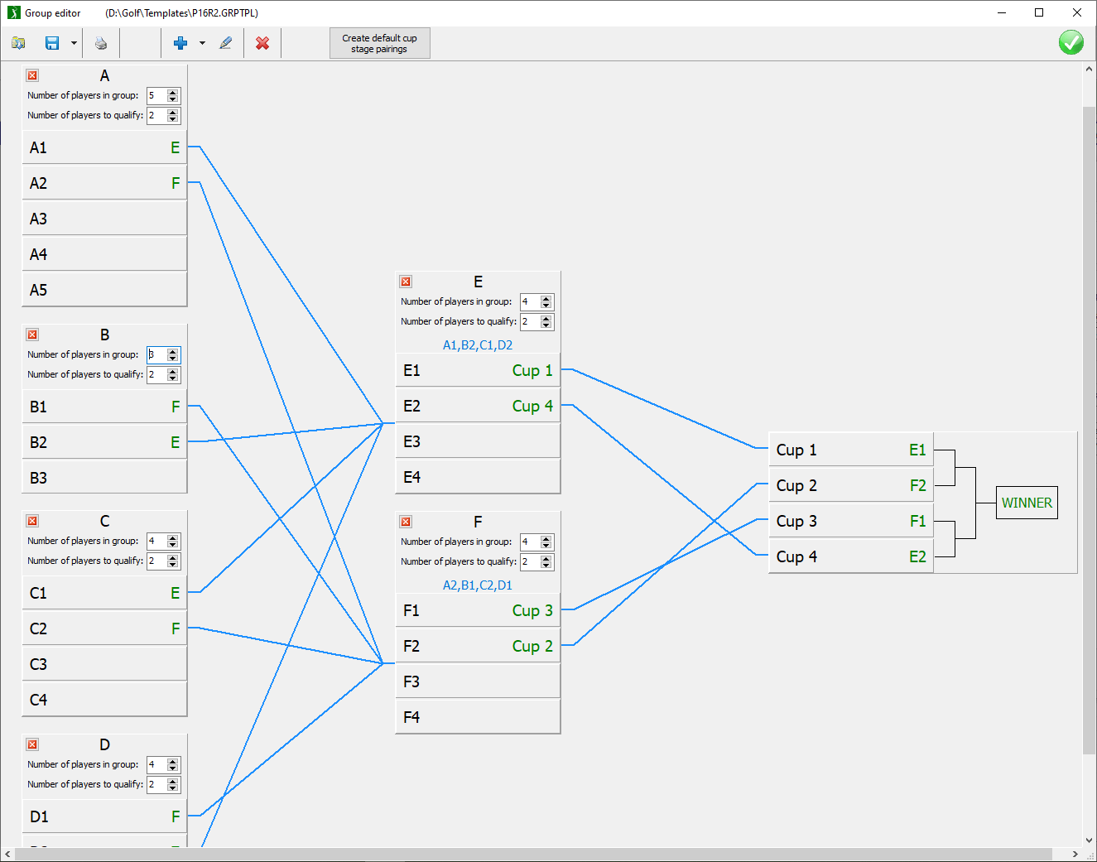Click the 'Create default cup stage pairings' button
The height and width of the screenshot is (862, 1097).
(380, 43)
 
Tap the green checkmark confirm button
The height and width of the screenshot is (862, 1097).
(1071, 42)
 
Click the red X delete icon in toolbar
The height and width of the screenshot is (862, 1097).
(262, 43)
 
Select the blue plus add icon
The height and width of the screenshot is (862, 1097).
(180, 43)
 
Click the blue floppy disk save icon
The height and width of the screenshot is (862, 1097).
(52, 43)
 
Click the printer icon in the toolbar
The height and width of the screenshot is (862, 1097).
(101, 43)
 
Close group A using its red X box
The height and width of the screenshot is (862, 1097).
(33, 75)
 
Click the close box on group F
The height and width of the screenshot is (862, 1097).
(406, 522)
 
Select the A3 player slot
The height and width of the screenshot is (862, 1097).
(104, 219)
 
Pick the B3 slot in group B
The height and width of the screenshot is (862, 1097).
(104, 478)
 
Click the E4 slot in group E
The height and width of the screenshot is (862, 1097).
(478, 477)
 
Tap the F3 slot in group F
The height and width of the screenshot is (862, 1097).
(478, 681)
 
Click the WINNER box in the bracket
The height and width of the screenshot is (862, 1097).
(1027, 503)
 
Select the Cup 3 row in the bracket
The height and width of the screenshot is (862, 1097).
(850, 521)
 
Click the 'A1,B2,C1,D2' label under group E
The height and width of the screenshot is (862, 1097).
(478, 345)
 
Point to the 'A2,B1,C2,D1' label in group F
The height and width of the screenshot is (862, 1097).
(478, 585)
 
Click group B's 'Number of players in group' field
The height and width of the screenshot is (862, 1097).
(157, 354)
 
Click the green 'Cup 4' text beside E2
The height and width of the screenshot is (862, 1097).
(532, 407)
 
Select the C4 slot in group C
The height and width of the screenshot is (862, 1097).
(104, 700)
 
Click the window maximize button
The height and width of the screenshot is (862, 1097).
(1039, 12)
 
